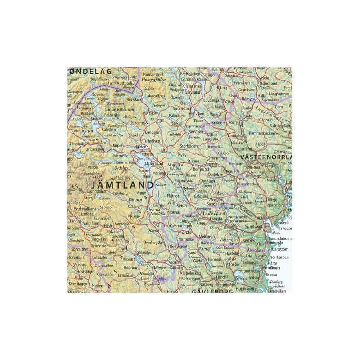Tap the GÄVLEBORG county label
pos(211,292)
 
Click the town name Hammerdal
pos(196,127)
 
